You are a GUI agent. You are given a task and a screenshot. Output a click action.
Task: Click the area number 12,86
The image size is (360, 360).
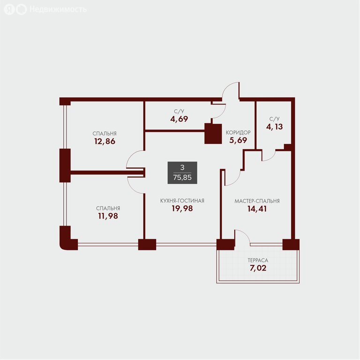[x=105, y=142]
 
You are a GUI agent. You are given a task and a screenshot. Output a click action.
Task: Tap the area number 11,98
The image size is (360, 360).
[x=108, y=216]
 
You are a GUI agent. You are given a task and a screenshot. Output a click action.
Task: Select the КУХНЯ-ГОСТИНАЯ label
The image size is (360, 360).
[x=182, y=201]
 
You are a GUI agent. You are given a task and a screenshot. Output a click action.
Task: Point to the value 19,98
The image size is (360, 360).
[x=182, y=209]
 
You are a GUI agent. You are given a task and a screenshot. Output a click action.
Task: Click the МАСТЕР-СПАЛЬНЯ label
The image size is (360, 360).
[x=257, y=201]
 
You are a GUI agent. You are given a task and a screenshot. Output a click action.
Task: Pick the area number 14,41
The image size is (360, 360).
[x=257, y=209]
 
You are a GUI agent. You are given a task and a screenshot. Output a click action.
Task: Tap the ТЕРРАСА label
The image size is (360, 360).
[x=258, y=260]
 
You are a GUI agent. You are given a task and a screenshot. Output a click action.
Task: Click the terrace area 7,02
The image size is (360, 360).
[x=258, y=268]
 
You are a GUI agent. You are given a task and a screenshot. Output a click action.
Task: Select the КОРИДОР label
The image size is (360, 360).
[x=238, y=133]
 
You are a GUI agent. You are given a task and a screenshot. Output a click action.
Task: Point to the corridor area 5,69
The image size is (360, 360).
[x=238, y=140]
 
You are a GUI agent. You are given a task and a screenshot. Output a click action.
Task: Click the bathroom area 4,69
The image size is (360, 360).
[x=179, y=119]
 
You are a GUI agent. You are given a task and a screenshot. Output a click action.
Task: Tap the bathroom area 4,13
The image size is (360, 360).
[x=275, y=127]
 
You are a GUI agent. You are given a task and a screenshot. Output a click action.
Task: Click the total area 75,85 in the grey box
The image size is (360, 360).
[x=182, y=178]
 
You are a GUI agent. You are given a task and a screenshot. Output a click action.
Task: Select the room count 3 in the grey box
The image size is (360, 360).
[x=182, y=167]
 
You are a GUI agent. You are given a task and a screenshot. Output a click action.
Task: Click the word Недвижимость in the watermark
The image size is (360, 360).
[x=58, y=9]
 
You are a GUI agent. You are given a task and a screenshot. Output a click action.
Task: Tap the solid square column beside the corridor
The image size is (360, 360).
[x=213, y=134]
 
